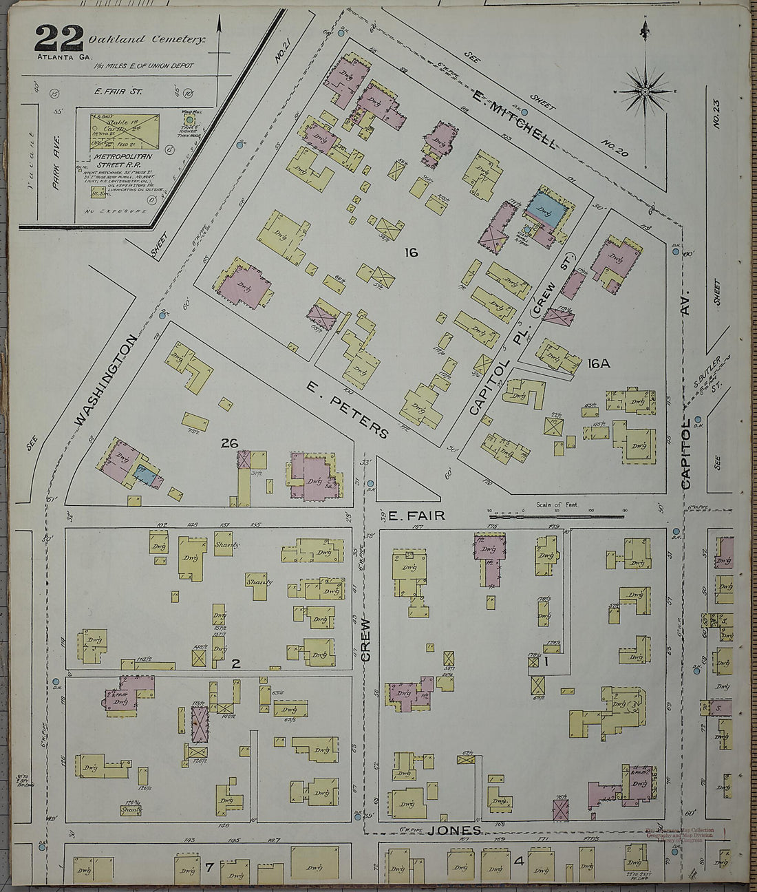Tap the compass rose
coord(646,91)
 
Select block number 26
coord(229,444)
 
